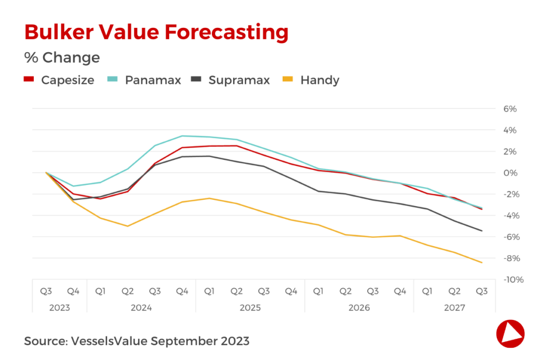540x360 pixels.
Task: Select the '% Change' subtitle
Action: pos(62,57)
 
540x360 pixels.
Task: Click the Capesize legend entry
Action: pos(60,80)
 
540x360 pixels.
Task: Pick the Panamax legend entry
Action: pos(144,80)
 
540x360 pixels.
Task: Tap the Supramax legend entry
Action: pos(230,80)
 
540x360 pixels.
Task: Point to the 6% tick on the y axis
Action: pos(509,109)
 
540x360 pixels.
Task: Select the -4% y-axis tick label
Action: pos(511,216)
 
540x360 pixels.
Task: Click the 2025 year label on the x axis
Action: pos(250,307)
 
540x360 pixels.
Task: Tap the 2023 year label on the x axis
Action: pos(60,307)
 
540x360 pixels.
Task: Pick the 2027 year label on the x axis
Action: pos(454,307)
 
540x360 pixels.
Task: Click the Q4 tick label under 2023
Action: pos(73,291)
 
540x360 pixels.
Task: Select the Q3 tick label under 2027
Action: pos(481,291)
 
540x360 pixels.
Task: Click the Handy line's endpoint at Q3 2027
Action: pos(481,262)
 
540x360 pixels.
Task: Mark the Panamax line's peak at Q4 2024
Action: pos(182,136)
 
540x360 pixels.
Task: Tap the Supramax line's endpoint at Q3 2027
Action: pos(481,231)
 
